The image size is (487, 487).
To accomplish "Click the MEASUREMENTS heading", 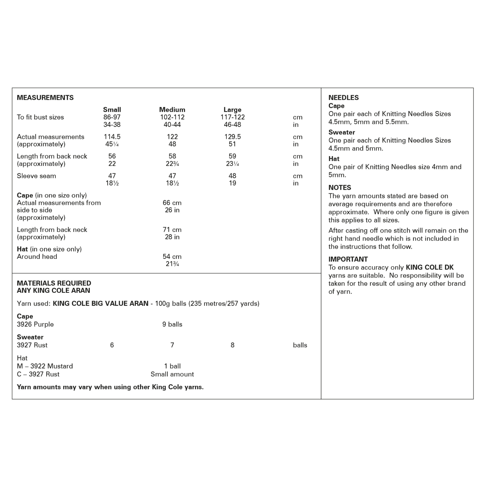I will click(x=45, y=98).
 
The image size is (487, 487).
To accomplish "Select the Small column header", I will click(x=112, y=110).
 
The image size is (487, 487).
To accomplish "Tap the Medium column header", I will click(x=172, y=110).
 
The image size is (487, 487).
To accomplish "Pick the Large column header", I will click(x=232, y=110).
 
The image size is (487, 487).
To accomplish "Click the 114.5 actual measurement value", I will click(x=112, y=137).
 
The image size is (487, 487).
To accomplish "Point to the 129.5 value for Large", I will click(x=233, y=137).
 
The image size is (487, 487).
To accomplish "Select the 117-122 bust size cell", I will click(x=233, y=117).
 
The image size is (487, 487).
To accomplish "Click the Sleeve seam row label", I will click(x=37, y=176).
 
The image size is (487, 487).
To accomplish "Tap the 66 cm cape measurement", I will click(x=172, y=203).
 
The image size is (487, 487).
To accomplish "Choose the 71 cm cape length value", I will click(x=172, y=230).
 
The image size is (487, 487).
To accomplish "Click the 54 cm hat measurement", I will click(x=172, y=257).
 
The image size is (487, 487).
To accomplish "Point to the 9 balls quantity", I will click(x=172, y=324).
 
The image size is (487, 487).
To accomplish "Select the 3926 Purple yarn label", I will click(x=35, y=324).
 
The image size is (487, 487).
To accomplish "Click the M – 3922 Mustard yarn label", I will click(x=45, y=366).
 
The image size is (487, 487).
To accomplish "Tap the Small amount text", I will click(x=172, y=374).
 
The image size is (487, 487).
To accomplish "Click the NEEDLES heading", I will click(x=343, y=98).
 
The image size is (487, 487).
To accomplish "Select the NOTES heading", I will click(x=340, y=188).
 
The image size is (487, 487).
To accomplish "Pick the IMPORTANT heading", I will click(x=348, y=259).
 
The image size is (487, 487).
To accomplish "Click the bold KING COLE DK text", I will click(x=429, y=268).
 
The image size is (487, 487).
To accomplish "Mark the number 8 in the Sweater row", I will click(x=233, y=345).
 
